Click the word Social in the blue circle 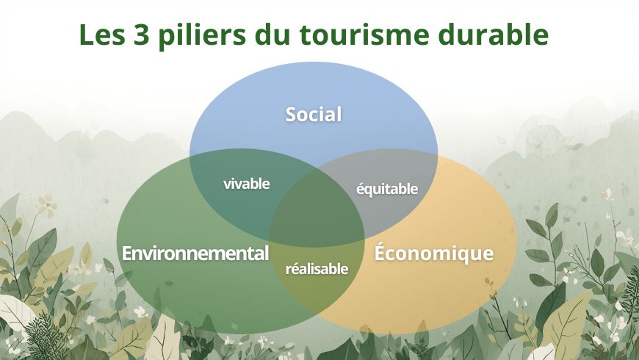coord(314,115)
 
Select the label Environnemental coord(195,253)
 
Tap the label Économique coord(433,253)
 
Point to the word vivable coord(246,184)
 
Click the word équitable coord(386,189)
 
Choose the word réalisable coord(316,269)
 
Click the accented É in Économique coord(380,252)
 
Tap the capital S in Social coord(291,115)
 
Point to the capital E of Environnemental coord(126,253)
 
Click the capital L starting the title coord(86,35)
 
